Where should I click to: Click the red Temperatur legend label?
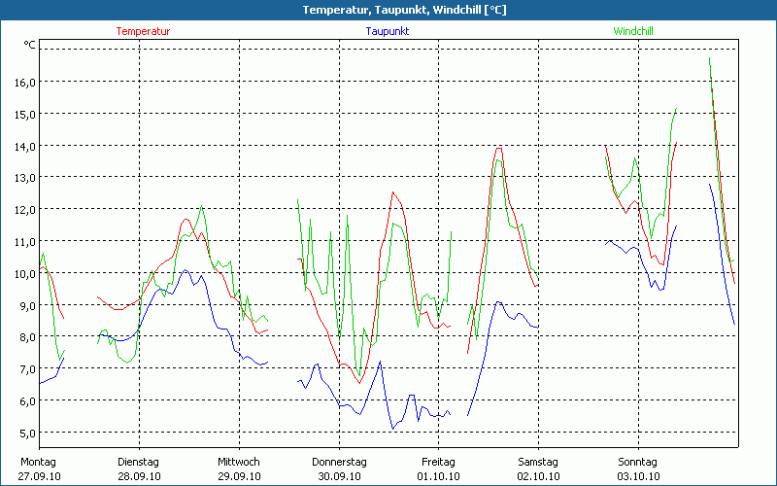point(143,31)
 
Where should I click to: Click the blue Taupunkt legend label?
point(387,31)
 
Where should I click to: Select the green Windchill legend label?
point(632,31)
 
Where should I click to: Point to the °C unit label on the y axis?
point(30,45)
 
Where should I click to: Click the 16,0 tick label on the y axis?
point(23,83)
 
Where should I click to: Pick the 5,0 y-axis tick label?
point(23,433)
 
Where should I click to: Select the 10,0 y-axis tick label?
point(23,273)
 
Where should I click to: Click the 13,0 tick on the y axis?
point(23,178)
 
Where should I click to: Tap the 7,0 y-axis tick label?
point(23,369)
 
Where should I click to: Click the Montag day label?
point(39,462)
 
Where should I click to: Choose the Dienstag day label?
point(138,462)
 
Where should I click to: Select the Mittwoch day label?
point(239,462)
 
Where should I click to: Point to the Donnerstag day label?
point(339,462)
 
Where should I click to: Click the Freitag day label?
point(438,462)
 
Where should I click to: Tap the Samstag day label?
point(538,462)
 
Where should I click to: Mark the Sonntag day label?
point(638,462)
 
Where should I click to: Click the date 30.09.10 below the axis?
point(339,476)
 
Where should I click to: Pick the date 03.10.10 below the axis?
point(638,476)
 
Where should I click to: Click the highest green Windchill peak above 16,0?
point(709,58)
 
